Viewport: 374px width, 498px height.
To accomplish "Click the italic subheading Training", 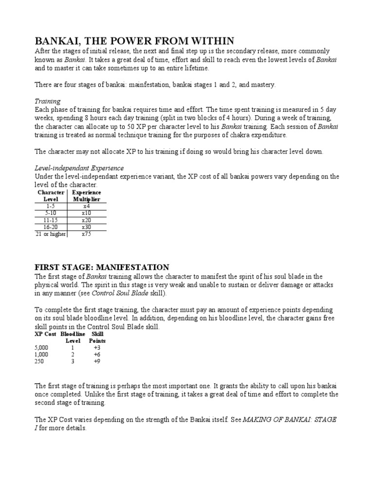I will (x=47, y=101).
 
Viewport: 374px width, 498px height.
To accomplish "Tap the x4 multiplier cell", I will (x=87, y=206).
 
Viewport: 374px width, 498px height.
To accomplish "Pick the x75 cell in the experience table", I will (x=87, y=234).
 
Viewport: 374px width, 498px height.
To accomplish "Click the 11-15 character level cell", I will (x=51, y=220).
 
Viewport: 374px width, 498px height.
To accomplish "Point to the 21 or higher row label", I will (x=50, y=234).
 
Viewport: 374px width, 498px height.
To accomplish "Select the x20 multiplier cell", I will (x=87, y=220).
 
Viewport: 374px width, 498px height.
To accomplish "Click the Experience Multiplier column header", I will (x=87, y=196).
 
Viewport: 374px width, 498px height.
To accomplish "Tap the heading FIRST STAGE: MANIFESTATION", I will (x=102, y=267).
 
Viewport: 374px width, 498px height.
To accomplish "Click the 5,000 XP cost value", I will (x=42, y=348).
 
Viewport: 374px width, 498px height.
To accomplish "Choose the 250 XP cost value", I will (x=39, y=361).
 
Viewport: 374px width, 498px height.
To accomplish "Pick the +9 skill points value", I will (x=96, y=361).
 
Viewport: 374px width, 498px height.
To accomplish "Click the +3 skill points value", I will (x=96, y=348).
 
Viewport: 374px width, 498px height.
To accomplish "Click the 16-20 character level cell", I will (x=51, y=227).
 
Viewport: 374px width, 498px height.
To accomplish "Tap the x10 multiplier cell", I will (x=87, y=213).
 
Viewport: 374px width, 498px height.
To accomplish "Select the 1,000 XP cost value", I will (x=42, y=355).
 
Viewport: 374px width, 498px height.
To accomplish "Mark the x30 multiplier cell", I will (x=87, y=227).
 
